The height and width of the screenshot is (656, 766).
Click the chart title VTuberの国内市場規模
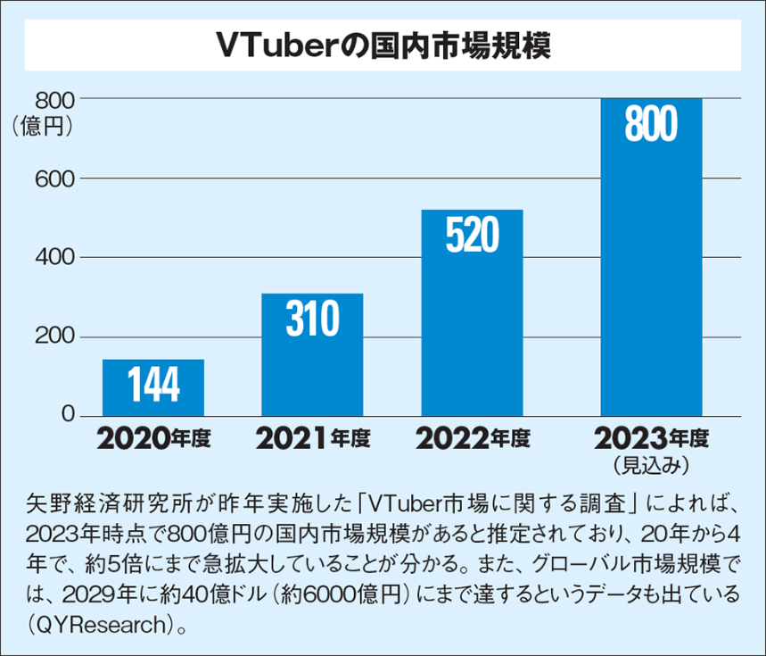[383, 46]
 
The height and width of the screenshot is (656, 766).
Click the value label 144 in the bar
[153, 386]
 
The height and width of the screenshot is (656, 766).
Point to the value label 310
[312, 319]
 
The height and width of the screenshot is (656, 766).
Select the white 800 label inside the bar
[651, 125]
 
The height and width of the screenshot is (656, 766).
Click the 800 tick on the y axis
[54, 98]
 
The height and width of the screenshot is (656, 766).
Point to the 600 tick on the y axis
[54, 179]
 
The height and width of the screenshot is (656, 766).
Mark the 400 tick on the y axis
[54, 258]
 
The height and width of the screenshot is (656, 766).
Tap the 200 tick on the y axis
[54, 337]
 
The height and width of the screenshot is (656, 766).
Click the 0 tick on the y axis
[68, 416]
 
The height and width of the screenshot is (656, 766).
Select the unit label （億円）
[42, 126]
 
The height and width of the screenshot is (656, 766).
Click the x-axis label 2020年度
[152, 439]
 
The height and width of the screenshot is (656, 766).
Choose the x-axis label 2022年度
[472, 439]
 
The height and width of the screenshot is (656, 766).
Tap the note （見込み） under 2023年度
[650, 464]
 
